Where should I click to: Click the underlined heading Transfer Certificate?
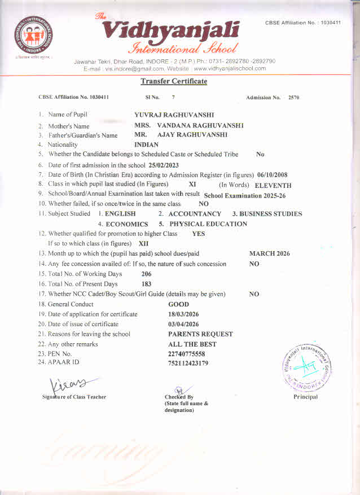click(x=174, y=81)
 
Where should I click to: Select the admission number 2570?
click(x=293, y=98)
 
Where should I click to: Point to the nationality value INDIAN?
click(x=146, y=144)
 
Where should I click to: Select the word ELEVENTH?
click(x=273, y=185)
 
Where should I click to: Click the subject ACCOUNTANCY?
click(x=195, y=214)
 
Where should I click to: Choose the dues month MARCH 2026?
click(x=269, y=253)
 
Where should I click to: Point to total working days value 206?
click(x=147, y=274)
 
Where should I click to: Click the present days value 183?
click(x=147, y=284)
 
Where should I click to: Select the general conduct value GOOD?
click(x=179, y=304)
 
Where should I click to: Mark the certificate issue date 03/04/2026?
click(x=184, y=324)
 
